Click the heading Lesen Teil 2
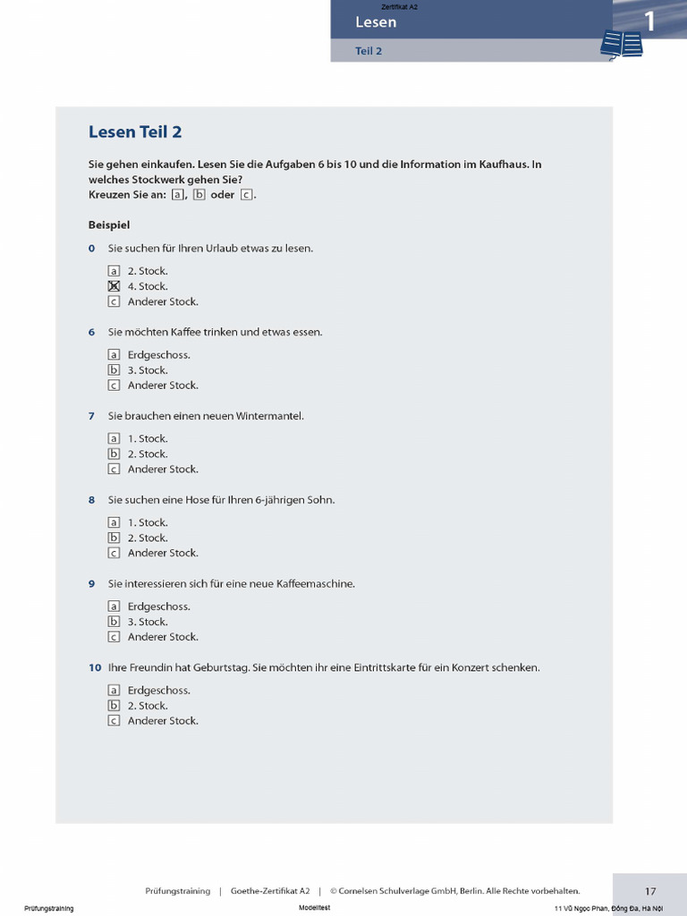pos(135,132)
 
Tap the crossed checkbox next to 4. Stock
pos(114,286)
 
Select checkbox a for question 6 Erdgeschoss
pos(114,355)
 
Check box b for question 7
pos(114,454)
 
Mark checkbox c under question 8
pos(114,553)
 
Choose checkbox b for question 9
pos(114,622)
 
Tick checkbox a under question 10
pos(114,691)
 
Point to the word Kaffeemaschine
pos(316,584)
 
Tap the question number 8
pos(91,500)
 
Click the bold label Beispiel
pos(109,225)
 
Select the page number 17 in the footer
pos(650,891)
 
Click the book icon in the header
pos(622,44)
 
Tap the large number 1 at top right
pos(649,21)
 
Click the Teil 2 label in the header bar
pos(369,51)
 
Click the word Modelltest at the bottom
pos(315,908)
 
